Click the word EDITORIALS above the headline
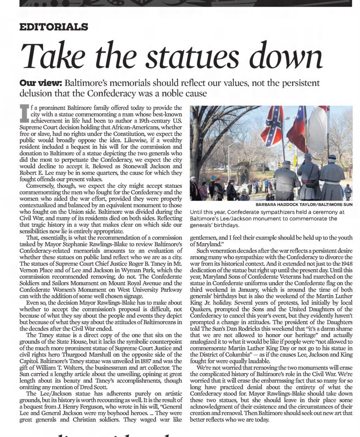54,27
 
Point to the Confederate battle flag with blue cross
272,126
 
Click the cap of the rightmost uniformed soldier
332,157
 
